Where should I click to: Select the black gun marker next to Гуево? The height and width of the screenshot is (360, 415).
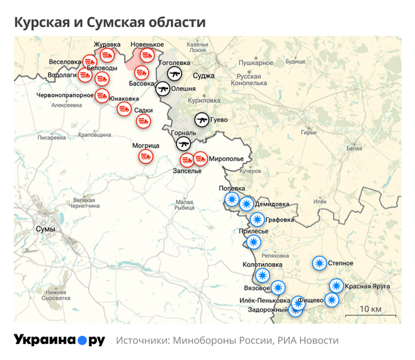coord(202,119)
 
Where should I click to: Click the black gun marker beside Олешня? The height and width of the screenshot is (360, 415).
coord(163,89)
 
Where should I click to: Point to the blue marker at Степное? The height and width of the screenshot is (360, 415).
coord(319,263)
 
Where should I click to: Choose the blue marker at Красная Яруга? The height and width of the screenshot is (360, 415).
coord(336,285)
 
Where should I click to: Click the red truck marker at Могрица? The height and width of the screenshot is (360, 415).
coord(146,157)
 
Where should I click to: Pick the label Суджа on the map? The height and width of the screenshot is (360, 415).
coord(203,75)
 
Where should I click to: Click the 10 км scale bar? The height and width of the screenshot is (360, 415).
coord(369,316)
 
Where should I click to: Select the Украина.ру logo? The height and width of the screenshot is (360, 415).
coord(59,340)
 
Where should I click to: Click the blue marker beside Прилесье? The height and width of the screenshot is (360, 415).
coord(253,242)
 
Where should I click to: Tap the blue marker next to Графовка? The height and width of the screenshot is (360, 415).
coord(257,220)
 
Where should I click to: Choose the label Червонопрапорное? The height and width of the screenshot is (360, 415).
coord(64,95)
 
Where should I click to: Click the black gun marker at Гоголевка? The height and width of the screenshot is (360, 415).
coord(174,73)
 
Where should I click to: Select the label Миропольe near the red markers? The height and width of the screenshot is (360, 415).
coord(225,159)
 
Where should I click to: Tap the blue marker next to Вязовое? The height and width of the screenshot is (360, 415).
coord(278,287)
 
